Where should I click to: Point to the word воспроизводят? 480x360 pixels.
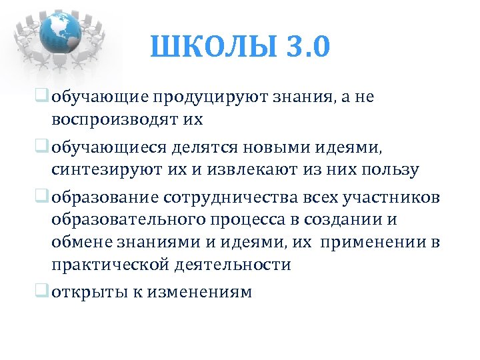pos(114,121)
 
